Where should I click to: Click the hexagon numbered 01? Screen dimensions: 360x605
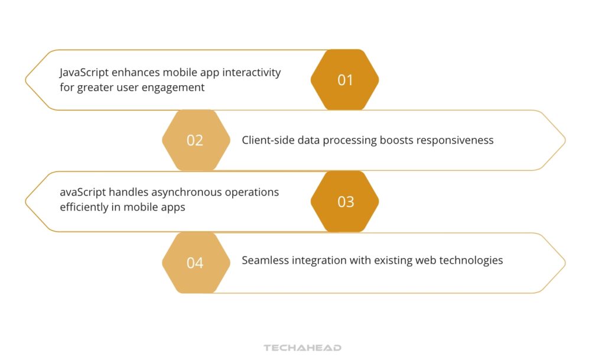[x=344, y=80]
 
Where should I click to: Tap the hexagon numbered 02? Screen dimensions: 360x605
[x=196, y=141]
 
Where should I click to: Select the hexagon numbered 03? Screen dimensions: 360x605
[x=344, y=202]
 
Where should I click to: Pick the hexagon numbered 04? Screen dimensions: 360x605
[x=196, y=262]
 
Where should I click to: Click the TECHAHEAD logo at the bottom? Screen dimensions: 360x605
[x=302, y=348]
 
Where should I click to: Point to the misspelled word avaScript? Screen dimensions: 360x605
[x=83, y=193]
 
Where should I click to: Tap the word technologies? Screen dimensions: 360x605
[x=471, y=260]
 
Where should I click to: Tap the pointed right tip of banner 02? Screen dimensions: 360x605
[x=564, y=141]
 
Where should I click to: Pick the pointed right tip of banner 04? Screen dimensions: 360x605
[x=564, y=262]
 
